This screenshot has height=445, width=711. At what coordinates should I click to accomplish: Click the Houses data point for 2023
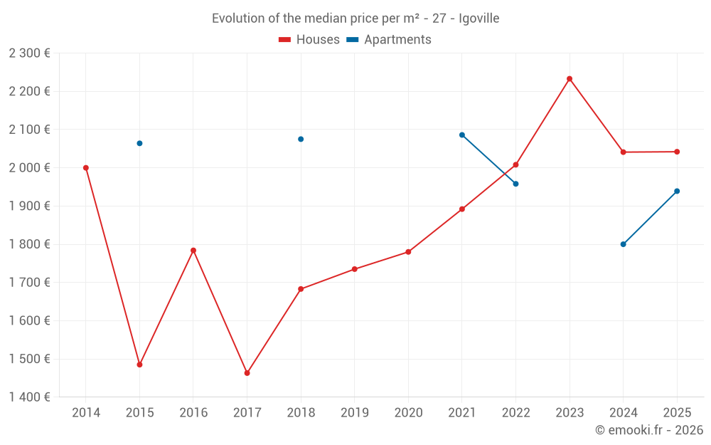coord(570,78)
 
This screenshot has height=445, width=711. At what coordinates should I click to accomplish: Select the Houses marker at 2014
coord(86,168)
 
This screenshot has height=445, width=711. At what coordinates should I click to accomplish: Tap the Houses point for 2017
coord(247,373)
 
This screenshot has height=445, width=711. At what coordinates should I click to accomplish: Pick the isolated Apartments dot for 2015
coord(139,143)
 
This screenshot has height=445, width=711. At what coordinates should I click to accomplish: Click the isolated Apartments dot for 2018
coord(301,139)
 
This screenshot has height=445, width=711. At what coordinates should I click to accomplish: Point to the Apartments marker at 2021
coord(462,135)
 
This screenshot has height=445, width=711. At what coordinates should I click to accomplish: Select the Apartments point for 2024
coord(623,244)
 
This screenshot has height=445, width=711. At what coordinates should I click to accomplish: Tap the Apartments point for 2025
coord(677,191)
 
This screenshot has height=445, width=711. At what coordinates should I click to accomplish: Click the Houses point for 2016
coord(193,251)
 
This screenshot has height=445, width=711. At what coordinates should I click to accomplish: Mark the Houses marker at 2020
coord(408,252)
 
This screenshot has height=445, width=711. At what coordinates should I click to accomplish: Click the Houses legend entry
coord(309,40)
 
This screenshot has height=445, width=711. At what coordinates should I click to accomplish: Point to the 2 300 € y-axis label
coord(29,53)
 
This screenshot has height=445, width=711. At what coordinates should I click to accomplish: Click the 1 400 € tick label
coord(29,397)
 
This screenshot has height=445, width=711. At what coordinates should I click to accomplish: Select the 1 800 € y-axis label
coord(29,244)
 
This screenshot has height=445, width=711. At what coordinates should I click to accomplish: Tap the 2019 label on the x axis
coord(354,412)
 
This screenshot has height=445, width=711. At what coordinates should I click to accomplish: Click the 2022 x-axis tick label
coord(515,412)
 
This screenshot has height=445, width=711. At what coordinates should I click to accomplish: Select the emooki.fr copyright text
coord(648,430)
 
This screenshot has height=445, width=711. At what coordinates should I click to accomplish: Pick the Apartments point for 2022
coord(515,184)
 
